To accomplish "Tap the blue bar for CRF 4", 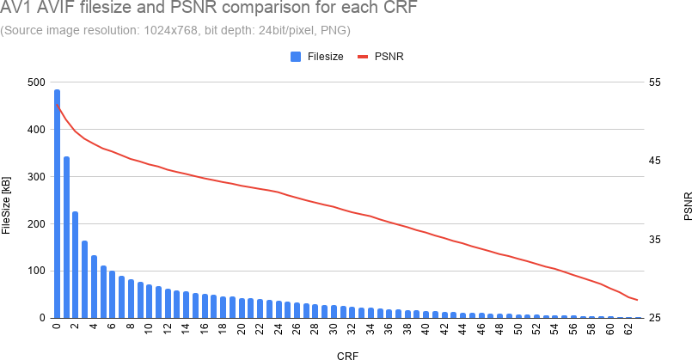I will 94,287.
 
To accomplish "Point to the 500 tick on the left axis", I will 35,82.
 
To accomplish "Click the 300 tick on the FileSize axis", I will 35,177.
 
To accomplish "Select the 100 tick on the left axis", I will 35,272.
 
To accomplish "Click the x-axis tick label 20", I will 242,329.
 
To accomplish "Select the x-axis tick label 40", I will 426,329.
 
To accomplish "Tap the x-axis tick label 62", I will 628,329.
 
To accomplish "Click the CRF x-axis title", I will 348,354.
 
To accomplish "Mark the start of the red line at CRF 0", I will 57,105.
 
